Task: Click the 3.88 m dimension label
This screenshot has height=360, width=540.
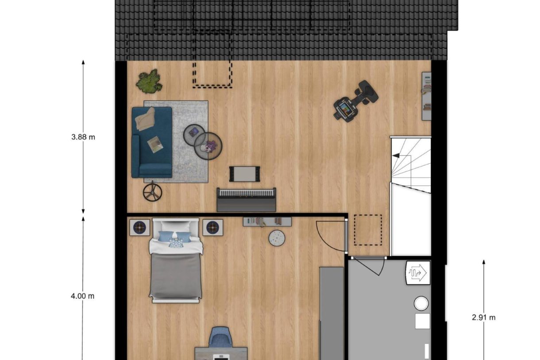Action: (83, 137)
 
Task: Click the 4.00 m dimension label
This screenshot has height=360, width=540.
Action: (83, 296)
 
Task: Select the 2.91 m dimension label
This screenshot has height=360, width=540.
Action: (483, 317)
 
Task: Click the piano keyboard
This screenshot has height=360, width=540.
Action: (246, 194)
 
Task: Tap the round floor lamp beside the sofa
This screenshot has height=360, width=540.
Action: (152, 192)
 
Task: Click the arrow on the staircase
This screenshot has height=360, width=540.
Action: (396, 155)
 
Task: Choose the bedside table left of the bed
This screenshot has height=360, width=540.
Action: (139, 228)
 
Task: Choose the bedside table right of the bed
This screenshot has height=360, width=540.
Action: (212, 228)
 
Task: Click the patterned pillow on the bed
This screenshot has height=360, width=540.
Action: (176, 242)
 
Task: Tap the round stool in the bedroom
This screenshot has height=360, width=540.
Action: (277, 238)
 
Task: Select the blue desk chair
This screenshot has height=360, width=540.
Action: (220, 337)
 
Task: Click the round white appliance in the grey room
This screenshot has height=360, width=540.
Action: (421, 303)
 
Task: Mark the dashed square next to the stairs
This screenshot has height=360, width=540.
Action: (368, 230)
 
